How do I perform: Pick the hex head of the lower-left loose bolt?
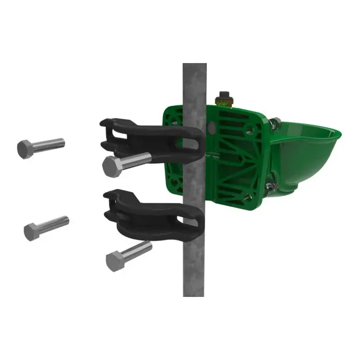tap(32, 231)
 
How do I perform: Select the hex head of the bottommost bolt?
tap(114, 261)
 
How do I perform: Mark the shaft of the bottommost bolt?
tap(137, 250)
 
